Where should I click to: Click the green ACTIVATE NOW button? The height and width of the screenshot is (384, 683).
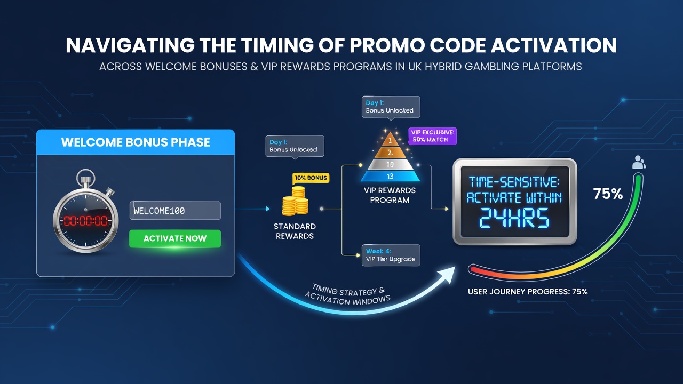(x=175, y=238)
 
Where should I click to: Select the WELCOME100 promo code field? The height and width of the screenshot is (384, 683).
(x=176, y=210)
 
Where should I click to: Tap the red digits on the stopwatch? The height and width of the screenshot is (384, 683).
(x=85, y=221)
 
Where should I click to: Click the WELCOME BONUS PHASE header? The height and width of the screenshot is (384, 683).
(x=136, y=142)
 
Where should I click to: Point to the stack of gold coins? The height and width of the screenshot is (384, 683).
(x=295, y=201)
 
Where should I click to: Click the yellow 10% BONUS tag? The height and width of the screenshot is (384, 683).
(x=311, y=178)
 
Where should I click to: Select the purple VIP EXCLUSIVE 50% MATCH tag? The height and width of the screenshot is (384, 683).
(x=432, y=136)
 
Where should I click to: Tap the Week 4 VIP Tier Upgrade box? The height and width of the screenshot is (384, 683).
(x=391, y=255)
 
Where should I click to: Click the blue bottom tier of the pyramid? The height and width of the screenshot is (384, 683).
(x=390, y=176)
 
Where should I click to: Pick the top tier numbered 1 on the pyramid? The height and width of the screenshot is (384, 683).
(x=390, y=140)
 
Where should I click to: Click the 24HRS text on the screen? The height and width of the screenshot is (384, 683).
(x=514, y=218)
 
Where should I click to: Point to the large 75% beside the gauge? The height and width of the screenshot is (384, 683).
(x=608, y=194)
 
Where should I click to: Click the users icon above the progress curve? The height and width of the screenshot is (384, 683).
(x=639, y=162)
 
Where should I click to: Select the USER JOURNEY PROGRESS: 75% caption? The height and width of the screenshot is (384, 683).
(x=528, y=292)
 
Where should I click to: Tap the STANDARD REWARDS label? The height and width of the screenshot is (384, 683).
(x=295, y=231)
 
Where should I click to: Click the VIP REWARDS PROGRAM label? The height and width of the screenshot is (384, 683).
(x=390, y=195)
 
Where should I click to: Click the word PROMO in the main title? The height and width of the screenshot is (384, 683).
(x=387, y=45)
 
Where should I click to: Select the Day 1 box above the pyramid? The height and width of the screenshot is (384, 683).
(x=391, y=107)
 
